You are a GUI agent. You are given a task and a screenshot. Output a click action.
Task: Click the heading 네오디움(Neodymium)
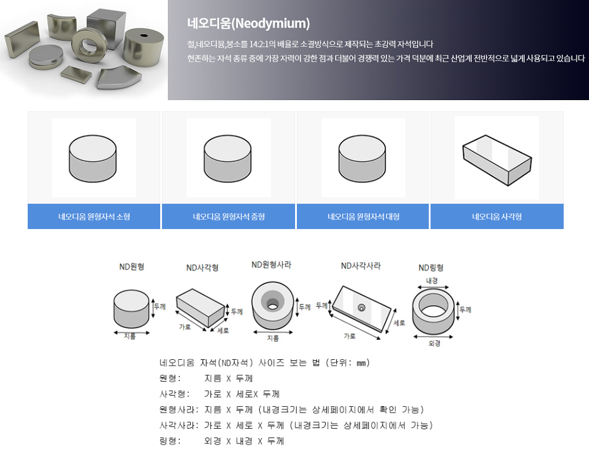pos(249,24)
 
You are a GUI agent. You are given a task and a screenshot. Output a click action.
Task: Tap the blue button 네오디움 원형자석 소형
pos(94,216)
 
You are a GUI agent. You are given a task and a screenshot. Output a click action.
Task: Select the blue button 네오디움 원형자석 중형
pos(229,216)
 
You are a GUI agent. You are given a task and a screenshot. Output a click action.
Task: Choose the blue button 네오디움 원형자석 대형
pos(363,216)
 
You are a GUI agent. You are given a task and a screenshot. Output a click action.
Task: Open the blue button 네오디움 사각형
pos(497,216)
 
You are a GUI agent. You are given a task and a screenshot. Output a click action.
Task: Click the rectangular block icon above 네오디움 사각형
pos(497,160)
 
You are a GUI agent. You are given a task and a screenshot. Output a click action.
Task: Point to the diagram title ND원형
pos(132,267)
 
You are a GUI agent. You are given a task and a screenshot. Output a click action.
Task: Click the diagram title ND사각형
pos(203,268)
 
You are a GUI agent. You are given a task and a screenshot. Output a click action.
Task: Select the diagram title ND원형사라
pos(271,264)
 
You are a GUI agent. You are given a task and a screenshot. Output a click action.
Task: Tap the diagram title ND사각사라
pos(360,266)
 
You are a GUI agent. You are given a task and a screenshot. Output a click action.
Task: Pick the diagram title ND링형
pos(431,268)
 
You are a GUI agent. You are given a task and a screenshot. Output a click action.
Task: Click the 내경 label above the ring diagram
pos(432,280)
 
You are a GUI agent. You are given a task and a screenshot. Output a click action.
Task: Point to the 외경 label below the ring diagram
pos(435,343)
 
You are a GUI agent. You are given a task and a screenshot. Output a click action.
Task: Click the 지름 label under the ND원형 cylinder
pos(130,336)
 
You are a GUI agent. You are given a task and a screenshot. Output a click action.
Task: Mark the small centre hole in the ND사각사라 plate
pos(362,308)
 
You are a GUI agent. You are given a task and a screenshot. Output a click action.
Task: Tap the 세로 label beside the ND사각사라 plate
pos(399,323)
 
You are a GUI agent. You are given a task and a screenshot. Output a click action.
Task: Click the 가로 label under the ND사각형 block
pos(185,327)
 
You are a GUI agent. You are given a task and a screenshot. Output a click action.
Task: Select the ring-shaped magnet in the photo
pos(90,45)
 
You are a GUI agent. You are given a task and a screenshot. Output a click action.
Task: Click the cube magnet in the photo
pos(106,28)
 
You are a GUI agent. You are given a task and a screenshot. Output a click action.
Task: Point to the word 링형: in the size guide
pos(170,440)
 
